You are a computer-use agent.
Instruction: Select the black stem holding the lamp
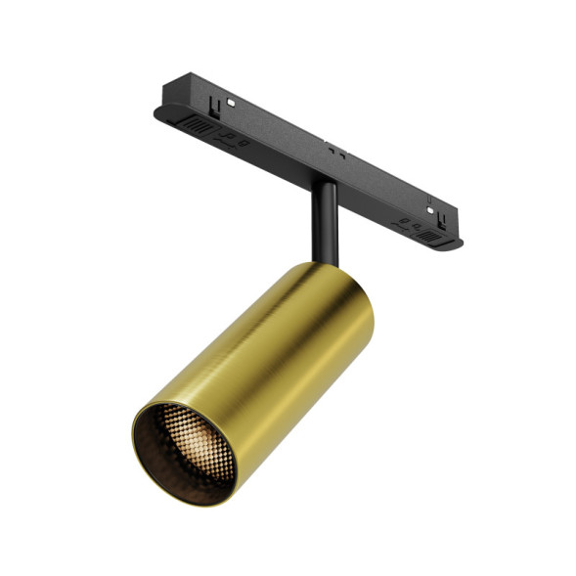point(324,221)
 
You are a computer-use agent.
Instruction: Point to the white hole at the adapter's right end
point(432,208)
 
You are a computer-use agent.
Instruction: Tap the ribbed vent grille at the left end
point(199,127)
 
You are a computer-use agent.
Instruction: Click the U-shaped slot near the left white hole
point(212,102)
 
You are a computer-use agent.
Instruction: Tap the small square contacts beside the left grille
point(232,137)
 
